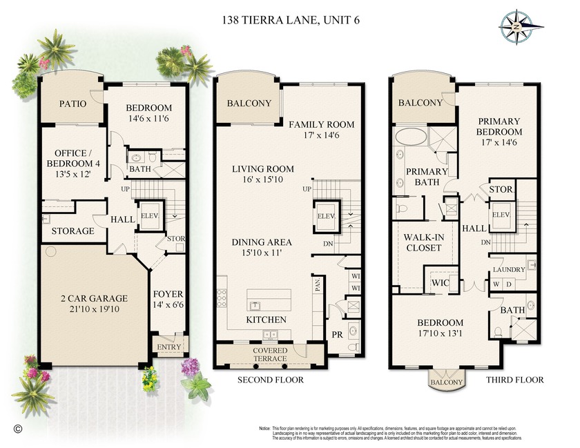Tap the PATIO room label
[72, 104]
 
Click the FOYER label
[167, 293]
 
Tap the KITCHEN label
[267, 320]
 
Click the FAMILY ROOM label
[321, 124]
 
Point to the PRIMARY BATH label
[427, 177]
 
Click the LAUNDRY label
[509, 269]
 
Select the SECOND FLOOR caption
[271, 380]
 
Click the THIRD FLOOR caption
[514, 380]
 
